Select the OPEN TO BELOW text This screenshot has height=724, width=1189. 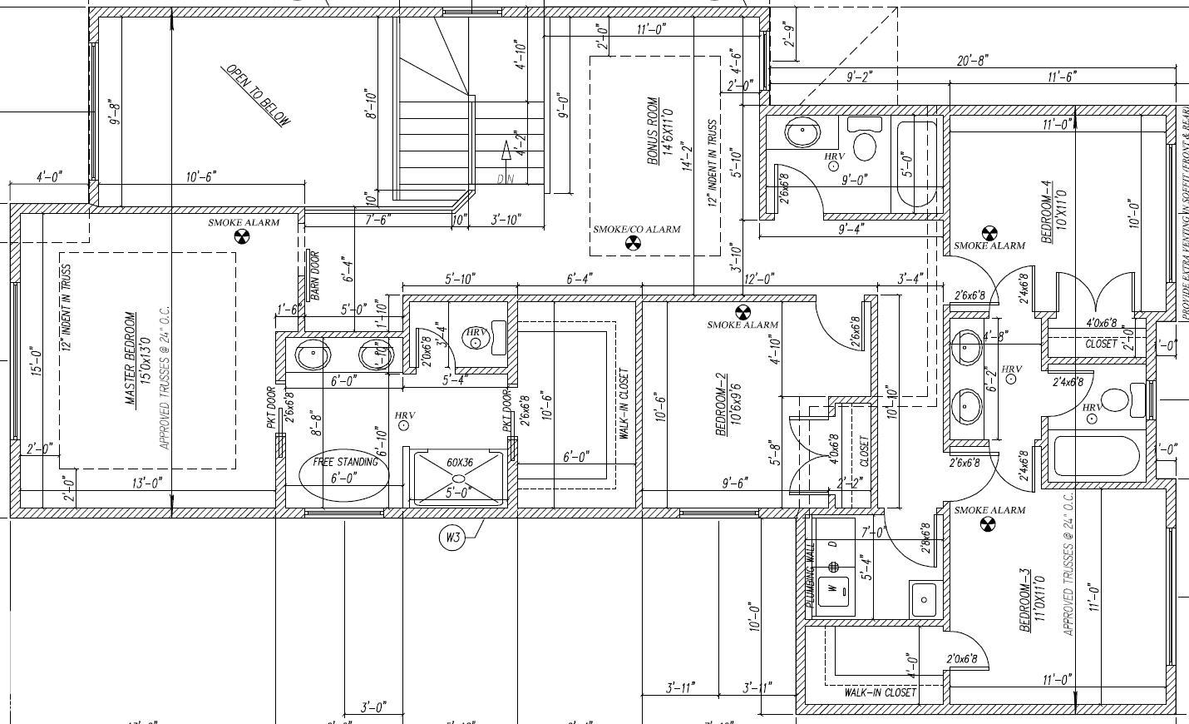(259, 96)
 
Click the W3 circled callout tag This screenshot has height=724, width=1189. (451, 538)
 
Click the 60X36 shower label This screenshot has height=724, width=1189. (459, 462)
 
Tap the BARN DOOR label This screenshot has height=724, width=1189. (314, 270)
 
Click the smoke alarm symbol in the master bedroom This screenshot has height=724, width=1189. (242, 237)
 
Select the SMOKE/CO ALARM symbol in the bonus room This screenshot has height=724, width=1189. (634, 244)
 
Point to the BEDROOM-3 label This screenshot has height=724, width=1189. (1025, 600)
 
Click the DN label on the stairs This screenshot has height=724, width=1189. (506, 179)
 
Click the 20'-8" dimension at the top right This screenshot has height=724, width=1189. (972, 61)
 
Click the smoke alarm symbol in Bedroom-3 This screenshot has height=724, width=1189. (988, 524)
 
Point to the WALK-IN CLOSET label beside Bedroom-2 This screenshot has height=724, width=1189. (624, 404)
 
